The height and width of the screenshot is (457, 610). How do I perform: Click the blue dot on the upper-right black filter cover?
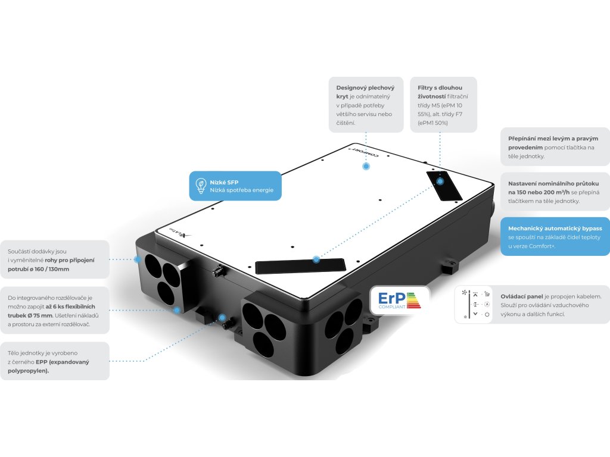click(440, 180)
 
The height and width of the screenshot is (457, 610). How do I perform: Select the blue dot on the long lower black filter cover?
click(316, 259)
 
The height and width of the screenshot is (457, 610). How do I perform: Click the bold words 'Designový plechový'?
click(364, 87)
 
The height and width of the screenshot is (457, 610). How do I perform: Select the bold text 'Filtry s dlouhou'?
click(440, 87)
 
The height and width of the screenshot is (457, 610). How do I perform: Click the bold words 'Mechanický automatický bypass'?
click(551, 228)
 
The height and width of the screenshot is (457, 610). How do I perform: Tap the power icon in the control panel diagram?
click(487, 314)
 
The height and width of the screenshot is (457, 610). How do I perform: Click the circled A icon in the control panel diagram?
click(487, 304)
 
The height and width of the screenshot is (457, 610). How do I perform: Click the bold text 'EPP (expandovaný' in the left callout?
click(42, 361)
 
